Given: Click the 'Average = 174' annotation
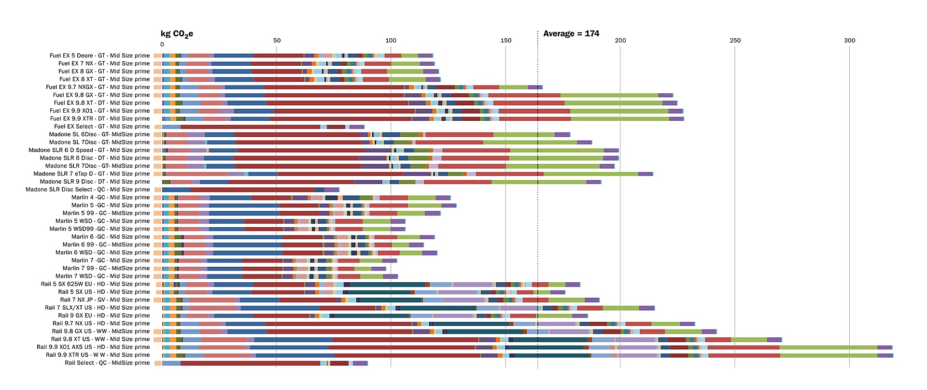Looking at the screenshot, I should (571, 34).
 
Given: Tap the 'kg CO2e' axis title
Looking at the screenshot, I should (177, 34).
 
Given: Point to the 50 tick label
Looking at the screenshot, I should (277, 41).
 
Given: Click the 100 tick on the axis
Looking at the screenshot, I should (391, 41).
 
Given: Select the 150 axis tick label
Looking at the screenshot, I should (506, 41).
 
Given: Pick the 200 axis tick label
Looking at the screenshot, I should (620, 41).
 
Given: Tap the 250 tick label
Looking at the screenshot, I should (735, 41).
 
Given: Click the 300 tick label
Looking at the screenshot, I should (849, 41).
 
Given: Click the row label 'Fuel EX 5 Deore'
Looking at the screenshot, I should (99, 56).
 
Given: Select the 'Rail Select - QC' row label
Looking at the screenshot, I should (107, 363).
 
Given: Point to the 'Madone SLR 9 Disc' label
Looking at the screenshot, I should (95, 182).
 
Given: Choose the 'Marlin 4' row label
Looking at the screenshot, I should (111, 198).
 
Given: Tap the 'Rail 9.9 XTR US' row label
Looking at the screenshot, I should (98, 355).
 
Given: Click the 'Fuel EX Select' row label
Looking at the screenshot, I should (102, 127).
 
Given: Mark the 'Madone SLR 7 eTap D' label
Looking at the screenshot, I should (91, 174).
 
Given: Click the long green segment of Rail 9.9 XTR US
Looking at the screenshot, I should (829, 356).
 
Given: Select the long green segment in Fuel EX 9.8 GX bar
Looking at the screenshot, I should (609, 95).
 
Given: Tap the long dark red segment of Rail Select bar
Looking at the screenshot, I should (250, 363).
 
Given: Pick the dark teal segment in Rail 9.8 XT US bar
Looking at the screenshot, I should (550, 340).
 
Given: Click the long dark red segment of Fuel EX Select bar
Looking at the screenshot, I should (250, 127).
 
